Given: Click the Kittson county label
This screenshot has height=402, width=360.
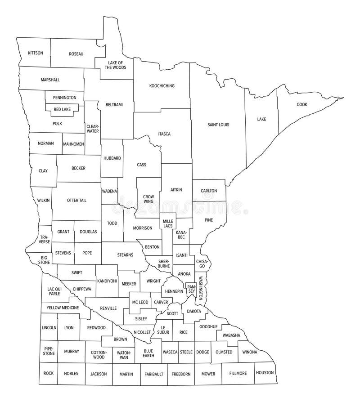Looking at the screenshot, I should (36, 53).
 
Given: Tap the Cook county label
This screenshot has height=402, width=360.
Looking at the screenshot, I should (302, 104).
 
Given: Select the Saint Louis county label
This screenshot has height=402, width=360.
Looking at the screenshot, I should (218, 125).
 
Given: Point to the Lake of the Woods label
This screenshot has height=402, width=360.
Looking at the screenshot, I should (115, 65).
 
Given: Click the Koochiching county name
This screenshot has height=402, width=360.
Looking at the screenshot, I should (162, 85).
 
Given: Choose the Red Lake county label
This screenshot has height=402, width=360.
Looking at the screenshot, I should (62, 109).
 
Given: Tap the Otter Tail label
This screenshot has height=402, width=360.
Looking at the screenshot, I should (76, 200).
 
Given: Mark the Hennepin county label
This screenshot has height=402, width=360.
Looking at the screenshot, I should (174, 291).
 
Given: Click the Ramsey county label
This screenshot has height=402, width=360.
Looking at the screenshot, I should (191, 289).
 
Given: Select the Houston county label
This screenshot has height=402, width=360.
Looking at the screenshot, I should (264, 373).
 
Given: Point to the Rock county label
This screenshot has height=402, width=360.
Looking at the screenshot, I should (49, 373).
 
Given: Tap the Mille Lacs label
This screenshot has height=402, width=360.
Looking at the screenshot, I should (167, 223).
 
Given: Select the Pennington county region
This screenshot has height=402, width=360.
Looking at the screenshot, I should (64, 98).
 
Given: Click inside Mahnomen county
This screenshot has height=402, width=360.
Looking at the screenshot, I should (73, 144).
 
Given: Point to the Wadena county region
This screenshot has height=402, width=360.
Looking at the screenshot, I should (109, 191).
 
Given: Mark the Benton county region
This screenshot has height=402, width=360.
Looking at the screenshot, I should (152, 247).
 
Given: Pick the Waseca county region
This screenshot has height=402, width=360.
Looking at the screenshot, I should (170, 352).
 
